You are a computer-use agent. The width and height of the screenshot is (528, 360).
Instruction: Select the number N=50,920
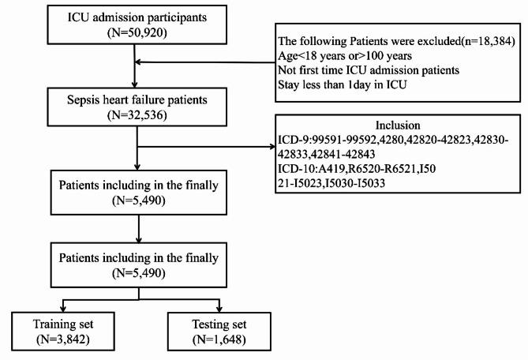click(137, 33)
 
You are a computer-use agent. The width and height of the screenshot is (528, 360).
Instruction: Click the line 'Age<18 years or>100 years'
click(345, 55)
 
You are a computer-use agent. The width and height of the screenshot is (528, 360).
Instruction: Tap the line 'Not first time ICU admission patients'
click(369, 70)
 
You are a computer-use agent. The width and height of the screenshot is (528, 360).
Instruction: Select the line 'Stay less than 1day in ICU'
click(342, 84)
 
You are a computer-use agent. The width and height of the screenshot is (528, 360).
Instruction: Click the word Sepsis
click(81, 100)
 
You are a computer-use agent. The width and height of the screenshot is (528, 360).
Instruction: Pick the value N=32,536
click(137, 115)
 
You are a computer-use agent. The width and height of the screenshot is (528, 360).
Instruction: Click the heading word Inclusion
click(398, 126)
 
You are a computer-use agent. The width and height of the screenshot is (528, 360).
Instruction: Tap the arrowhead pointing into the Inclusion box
click(272, 147)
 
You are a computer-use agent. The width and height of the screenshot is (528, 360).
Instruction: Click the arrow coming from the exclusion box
click(205, 62)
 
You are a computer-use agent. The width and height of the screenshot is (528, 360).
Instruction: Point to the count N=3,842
click(63, 339)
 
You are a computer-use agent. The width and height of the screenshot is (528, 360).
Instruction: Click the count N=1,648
click(219, 339)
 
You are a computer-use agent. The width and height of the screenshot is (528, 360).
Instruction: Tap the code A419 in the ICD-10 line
click(331, 168)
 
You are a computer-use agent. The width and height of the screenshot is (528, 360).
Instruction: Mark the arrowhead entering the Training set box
click(63, 309)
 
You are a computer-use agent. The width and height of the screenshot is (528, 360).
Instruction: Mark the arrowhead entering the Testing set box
click(219, 309)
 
